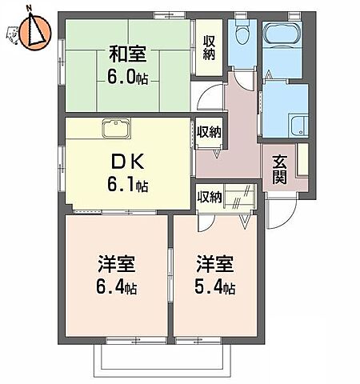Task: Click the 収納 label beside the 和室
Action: pyautogui.click(x=210, y=48)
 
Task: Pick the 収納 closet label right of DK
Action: pyautogui.click(x=210, y=132)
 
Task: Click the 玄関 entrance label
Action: pyautogui.click(x=280, y=167)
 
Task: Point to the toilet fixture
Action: pyautogui.click(x=241, y=36)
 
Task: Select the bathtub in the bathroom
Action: pyautogui.click(x=281, y=34)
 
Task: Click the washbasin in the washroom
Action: pyautogui.click(x=299, y=126)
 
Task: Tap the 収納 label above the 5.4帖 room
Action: pyautogui.click(x=210, y=196)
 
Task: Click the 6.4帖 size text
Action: pyautogui.click(x=115, y=286)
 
